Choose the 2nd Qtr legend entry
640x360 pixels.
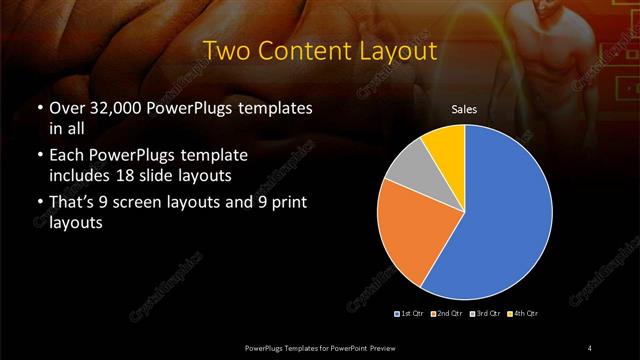coord(447,314)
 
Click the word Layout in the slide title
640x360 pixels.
coord(397,50)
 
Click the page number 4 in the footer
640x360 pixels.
coord(590,347)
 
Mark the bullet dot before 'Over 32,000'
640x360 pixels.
coord(39,108)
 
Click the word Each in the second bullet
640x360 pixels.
coord(65,157)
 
